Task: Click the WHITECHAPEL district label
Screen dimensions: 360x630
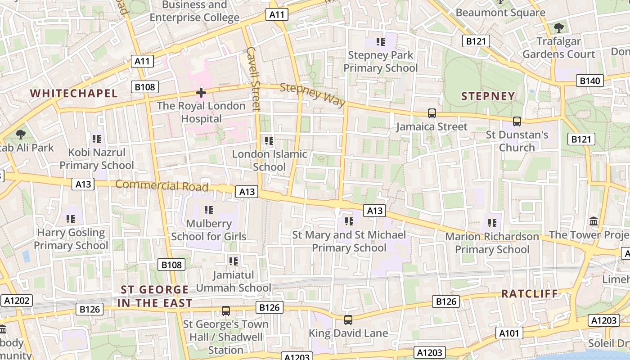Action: coord(73,94)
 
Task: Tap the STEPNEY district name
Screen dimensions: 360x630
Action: coord(488,96)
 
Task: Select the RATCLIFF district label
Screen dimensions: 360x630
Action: coord(530,294)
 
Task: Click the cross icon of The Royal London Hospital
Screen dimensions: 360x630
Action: coord(201,93)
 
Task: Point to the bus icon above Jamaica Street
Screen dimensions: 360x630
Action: coord(432,113)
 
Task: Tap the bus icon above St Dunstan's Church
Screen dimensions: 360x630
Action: coord(517,121)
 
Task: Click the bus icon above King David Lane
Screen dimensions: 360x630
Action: coord(348,320)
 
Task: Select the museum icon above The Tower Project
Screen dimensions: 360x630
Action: coord(594,221)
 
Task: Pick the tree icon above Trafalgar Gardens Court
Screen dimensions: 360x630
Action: coord(558,28)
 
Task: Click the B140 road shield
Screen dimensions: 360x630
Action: coord(589,81)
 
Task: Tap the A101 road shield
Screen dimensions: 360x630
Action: coord(510,333)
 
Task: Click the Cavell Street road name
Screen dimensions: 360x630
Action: coord(254,79)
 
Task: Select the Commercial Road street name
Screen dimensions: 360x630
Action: coord(162,185)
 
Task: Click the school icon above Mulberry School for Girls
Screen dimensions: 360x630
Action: coord(208,210)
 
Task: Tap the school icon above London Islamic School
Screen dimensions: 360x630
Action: coord(269,141)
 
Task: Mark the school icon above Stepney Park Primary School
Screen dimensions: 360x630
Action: coord(381,42)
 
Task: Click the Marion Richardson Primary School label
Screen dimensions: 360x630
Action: coord(492,243)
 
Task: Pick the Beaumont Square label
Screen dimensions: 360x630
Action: coord(500,13)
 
